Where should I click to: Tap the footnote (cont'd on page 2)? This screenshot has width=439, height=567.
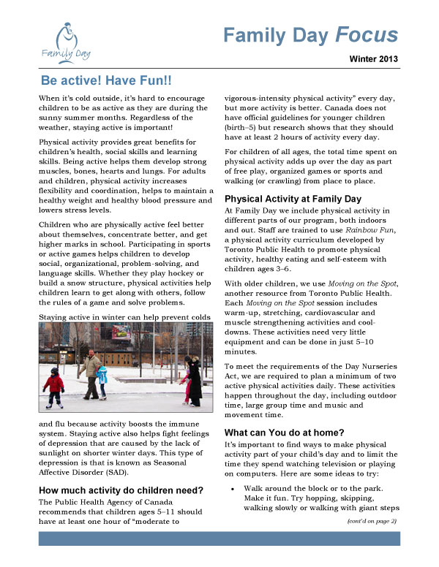370,521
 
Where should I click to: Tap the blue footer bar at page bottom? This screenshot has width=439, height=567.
219,539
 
